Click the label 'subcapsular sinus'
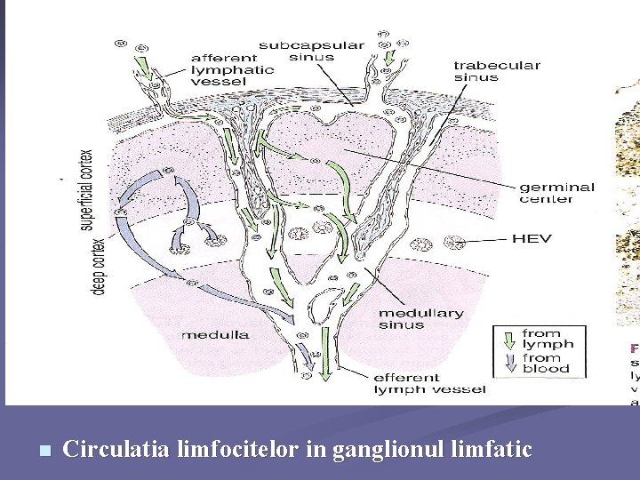pyautogui.click(x=299, y=52)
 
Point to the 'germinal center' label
pyautogui.click(x=557, y=193)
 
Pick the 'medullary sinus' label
pyautogui.click(x=420, y=319)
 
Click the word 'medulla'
pyautogui.click(x=215, y=335)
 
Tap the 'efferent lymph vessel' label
pyautogui.click(x=429, y=383)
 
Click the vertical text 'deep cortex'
pyautogui.click(x=100, y=265)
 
